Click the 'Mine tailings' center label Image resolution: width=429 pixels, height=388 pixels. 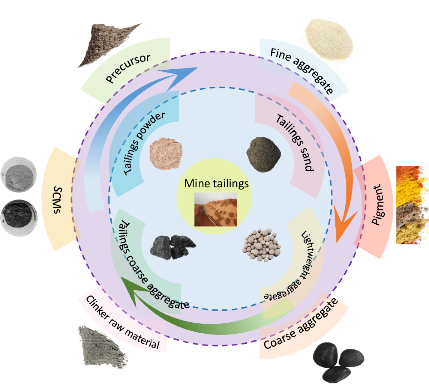[216, 184]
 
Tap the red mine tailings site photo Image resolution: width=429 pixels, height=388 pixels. [216, 209]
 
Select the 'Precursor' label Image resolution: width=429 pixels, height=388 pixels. [128, 68]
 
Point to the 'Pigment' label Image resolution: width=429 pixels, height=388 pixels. [377, 204]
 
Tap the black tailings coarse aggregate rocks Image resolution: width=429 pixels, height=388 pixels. [173, 247]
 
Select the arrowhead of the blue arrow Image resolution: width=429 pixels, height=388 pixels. [179, 73]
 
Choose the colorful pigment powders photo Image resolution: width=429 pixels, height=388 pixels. [412, 205]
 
